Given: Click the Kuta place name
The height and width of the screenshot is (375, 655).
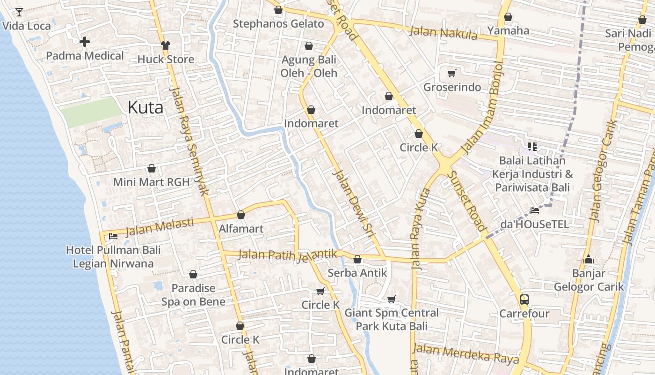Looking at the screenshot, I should point(146,108).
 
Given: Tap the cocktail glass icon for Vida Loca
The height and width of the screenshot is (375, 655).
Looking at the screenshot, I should point(19,12).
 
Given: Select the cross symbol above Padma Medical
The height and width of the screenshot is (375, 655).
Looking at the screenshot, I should point(85,42).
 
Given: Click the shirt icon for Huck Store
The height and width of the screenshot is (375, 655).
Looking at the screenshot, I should point(166,45).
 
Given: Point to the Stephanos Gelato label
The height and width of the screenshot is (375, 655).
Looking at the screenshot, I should point(278,24).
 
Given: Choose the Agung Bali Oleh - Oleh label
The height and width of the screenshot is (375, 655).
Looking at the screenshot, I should point(309,67).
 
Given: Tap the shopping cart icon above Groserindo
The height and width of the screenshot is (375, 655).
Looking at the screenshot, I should point(451,73).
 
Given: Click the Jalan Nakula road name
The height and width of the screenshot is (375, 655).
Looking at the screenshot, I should point(443,33).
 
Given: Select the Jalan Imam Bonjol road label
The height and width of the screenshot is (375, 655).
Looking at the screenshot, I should point(482,107).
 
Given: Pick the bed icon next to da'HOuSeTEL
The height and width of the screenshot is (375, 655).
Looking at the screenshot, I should point(535,210).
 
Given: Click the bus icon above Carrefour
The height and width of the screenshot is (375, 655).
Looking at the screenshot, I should point(524,299).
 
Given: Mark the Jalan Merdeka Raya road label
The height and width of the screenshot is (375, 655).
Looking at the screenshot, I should point(466,353).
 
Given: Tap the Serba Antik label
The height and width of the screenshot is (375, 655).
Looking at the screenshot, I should point(357,273).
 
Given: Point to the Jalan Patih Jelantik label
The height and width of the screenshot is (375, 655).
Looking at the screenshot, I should point(287,255).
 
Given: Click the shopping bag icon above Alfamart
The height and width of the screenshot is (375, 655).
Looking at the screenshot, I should point(241,215).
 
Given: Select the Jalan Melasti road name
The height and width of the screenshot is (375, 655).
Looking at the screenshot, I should point(160,226).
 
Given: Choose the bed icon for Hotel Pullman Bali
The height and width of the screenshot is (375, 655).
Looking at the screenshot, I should point(113,236).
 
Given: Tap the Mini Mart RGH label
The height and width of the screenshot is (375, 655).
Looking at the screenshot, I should point(152,182).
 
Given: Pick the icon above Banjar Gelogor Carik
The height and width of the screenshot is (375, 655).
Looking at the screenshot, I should point(589,259).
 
